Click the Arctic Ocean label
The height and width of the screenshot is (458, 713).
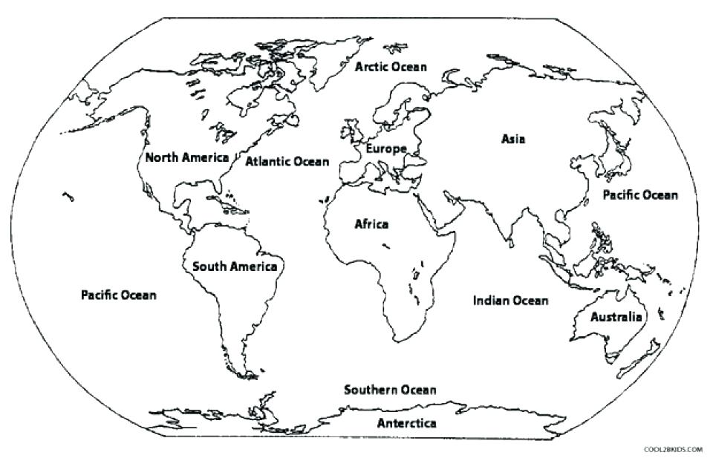pos(391,67)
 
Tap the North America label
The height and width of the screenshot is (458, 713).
pos(186,157)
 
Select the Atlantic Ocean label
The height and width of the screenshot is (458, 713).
pos(287,161)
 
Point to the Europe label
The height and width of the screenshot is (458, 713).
pos(385,148)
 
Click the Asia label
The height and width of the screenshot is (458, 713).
pos(512,138)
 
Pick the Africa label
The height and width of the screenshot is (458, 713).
pos(371,224)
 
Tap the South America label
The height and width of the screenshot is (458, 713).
pos(235,266)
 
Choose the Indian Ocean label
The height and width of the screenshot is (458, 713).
pos(511,301)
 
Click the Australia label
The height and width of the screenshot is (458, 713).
pos(616,317)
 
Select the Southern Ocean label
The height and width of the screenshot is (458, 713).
pos(389,390)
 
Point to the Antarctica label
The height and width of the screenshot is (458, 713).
pos(406,424)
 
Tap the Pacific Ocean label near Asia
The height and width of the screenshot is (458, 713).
pos(639,195)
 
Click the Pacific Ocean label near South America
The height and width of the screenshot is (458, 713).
pos(119,295)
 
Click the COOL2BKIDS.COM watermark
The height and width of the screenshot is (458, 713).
pos(674,449)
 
